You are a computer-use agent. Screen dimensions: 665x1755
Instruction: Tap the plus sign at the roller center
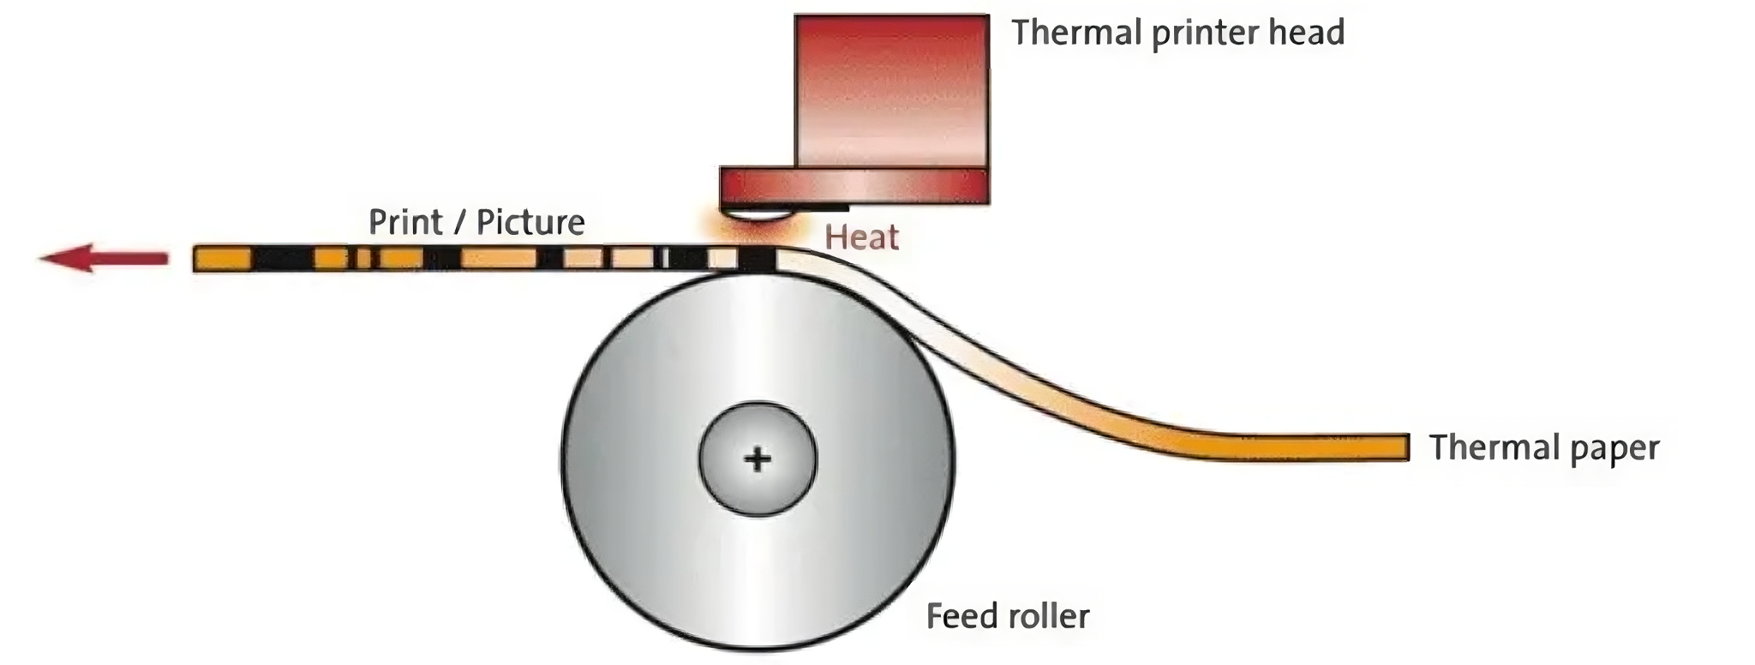(x=758, y=459)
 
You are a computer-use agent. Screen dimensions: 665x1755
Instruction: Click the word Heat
(x=861, y=237)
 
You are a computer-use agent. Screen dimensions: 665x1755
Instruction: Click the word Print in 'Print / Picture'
(x=405, y=222)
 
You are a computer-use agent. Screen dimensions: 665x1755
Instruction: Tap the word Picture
(x=530, y=222)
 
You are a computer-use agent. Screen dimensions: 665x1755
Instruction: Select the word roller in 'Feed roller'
(x=1046, y=615)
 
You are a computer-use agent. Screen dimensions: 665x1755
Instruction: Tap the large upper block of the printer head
(x=891, y=90)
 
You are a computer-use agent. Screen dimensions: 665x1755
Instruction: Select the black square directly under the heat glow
(x=757, y=259)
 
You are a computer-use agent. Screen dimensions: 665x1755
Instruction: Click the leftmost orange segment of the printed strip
(x=223, y=258)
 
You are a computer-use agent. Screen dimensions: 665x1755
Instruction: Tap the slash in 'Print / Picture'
(x=461, y=222)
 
